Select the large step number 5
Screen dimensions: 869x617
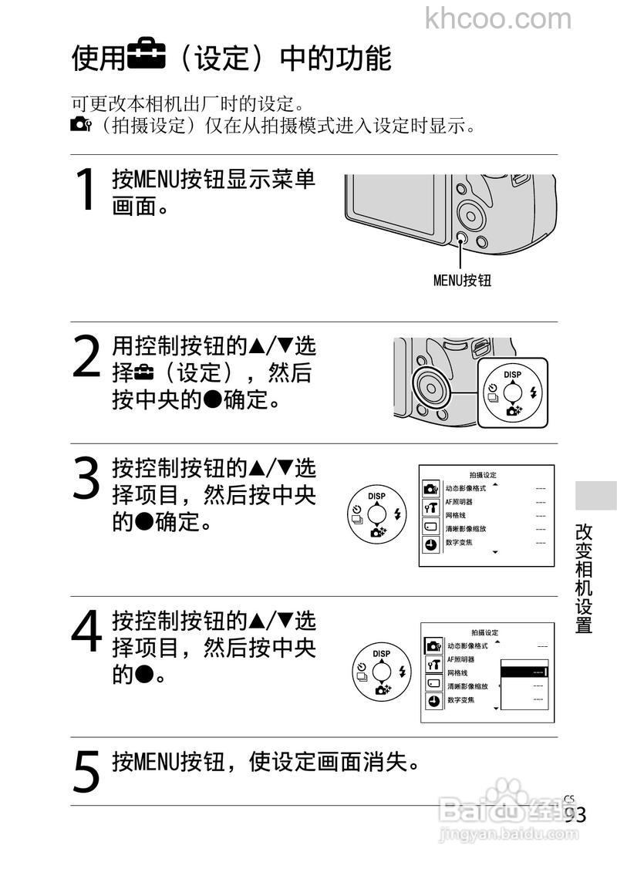click(x=86, y=771)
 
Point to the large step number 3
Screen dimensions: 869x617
click(x=86, y=478)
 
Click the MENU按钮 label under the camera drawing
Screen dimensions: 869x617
click(x=461, y=281)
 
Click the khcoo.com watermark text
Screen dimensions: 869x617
click(x=498, y=18)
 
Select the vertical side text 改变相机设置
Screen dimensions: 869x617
click(x=584, y=578)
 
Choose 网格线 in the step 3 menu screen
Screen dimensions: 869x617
click(x=456, y=515)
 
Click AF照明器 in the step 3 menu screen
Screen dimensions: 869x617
click(x=459, y=502)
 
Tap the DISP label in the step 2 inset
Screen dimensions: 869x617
click(x=512, y=375)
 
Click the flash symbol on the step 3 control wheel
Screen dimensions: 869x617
click(x=397, y=514)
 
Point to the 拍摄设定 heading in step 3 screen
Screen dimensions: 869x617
click(x=484, y=475)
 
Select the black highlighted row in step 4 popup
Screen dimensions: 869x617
click(x=524, y=672)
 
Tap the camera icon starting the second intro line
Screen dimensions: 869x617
click(x=80, y=125)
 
